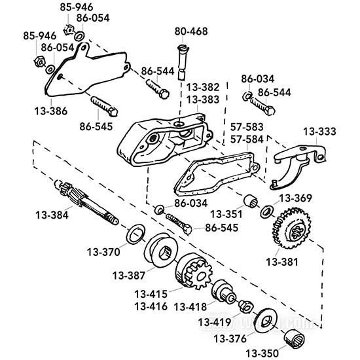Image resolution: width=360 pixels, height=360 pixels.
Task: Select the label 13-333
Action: coord(319,132)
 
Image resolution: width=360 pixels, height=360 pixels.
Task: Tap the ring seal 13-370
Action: coord(135,232)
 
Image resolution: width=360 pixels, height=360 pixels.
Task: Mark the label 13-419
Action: coord(214,321)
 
